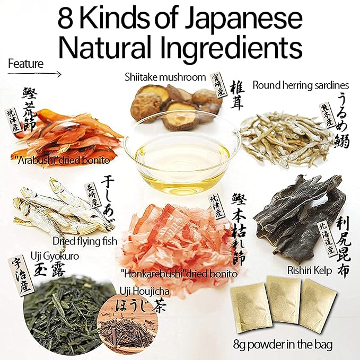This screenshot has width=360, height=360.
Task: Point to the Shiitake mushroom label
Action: coord(164,77)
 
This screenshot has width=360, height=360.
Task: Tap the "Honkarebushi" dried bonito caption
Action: coord(179,274)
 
